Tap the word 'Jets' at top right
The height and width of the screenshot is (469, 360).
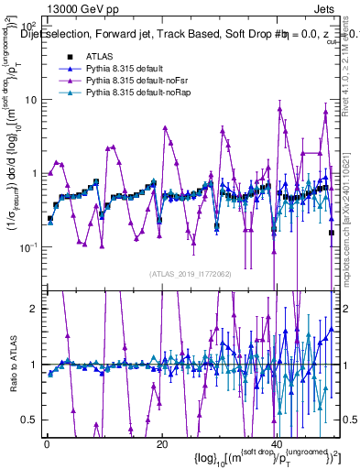coord(327,7)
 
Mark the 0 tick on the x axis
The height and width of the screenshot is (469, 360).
coord(46,444)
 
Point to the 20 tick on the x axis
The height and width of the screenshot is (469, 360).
coord(161,444)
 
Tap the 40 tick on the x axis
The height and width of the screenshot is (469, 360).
coord(276,444)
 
